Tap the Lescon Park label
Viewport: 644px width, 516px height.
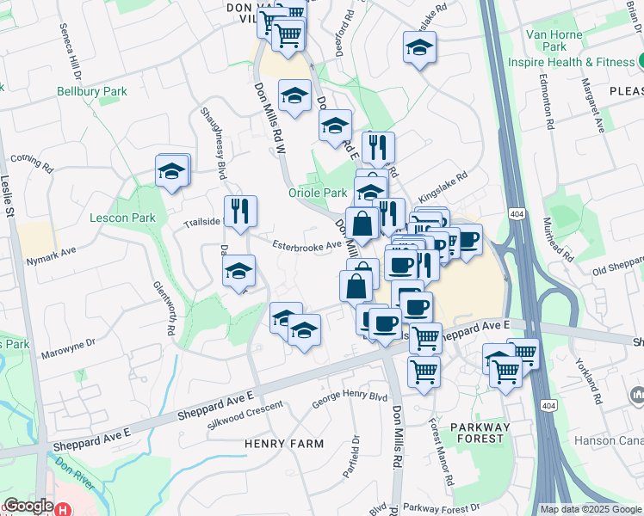click(x=122, y=218)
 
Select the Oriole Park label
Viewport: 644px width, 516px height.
click(x=317, y=193)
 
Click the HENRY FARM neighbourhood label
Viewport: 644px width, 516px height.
click(x=272, y=444)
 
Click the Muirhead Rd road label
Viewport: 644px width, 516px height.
click(x=565, y=240)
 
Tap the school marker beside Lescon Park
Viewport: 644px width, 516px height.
click(x=172, y=170)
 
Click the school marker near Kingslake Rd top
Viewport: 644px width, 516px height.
click(x=419, y=47)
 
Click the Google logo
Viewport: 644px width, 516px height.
click(x=28, y=506)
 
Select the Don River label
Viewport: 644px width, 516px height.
click(x=73, y=473)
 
